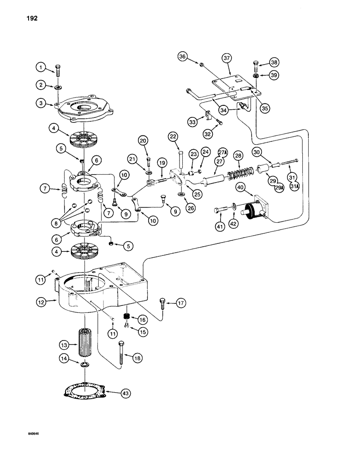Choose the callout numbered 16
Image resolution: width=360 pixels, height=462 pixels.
click(141, 319)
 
